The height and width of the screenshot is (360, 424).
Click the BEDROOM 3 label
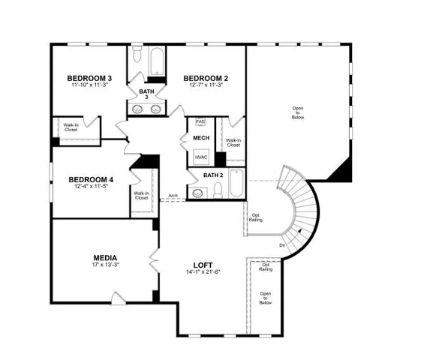[89, 78]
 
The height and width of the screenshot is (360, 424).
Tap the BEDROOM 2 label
[206, 78]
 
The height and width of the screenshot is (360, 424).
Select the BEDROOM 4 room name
[91, 179]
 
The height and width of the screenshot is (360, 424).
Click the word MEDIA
[105, 257]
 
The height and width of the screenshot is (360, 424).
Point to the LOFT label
[203, 265]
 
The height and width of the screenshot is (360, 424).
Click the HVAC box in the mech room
[201, 157]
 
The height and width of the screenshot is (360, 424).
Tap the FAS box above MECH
[200, 121]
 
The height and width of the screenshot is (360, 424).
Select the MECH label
[201, 138]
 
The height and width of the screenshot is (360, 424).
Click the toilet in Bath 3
[137, 57]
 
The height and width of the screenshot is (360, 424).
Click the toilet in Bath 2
[217, 192]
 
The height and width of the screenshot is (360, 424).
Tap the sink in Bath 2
[198, 193]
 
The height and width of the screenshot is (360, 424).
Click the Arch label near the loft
[173, 196]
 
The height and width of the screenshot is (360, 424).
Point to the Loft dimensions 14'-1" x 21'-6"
[203, 273]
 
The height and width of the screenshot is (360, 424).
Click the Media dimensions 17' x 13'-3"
[105, 265]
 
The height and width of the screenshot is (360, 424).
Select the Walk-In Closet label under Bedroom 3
[71, 127]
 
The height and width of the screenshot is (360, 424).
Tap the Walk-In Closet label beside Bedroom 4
[141, 196]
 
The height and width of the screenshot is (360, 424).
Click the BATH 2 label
[214, 175]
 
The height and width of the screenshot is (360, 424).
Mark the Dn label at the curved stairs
[282, 245]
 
